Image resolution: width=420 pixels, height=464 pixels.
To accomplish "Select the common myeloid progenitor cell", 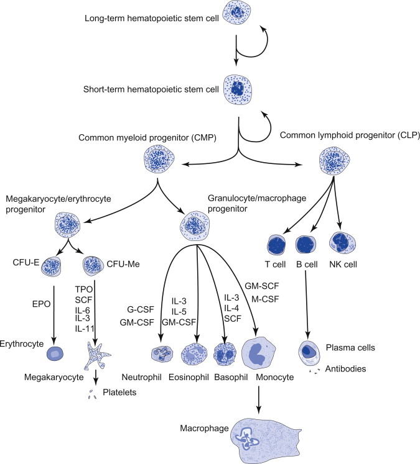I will click(158, 161).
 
